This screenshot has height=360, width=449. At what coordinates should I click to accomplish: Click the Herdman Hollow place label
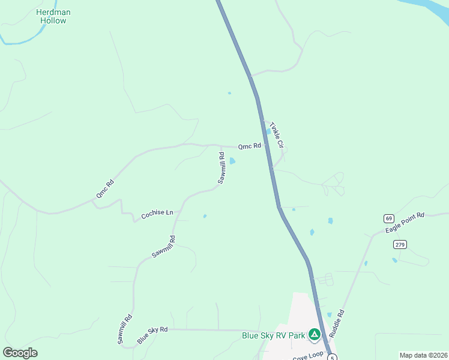(x=53, y=16)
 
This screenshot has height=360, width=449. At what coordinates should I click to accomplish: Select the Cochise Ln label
(x=157, y=214)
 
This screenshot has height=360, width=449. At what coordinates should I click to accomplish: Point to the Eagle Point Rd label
(x=406, y=223)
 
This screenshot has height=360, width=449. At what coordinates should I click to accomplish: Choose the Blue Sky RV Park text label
(x=273, y=336)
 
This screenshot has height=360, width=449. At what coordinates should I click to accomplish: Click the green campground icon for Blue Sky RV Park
(x=314, y=334)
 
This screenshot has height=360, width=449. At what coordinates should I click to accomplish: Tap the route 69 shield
(x=389, y=218)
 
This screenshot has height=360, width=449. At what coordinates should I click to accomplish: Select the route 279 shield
(x=400, y=244)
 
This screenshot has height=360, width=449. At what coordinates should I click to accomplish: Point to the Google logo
(x=20, y=353)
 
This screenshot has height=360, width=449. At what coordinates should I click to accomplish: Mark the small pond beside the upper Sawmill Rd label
(x=232, y=161)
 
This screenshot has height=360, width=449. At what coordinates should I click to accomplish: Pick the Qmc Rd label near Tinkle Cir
(x=250, y=146)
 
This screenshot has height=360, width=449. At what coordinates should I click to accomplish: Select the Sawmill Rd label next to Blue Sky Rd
(x=125, y=329)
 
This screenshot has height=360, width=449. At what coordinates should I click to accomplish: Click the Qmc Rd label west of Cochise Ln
(x=104, y=190)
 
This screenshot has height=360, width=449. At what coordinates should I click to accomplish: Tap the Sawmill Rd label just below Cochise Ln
(x=163, y=247)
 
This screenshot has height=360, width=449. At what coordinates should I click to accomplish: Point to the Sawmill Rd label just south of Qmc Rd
(x=221, y=169)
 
